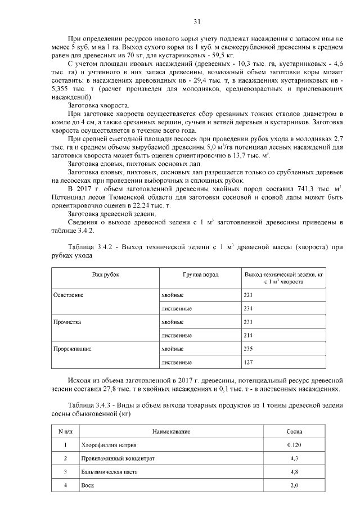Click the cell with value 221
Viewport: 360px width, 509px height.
pos(249,295)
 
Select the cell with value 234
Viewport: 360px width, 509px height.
pos(249,309)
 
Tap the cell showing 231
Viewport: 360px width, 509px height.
pos(249,322)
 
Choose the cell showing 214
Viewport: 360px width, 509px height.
pos(249,336)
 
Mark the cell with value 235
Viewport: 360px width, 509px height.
pos(249,349)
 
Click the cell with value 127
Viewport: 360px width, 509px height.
pos(249,363)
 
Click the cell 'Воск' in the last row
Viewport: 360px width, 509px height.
pos(88,485)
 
